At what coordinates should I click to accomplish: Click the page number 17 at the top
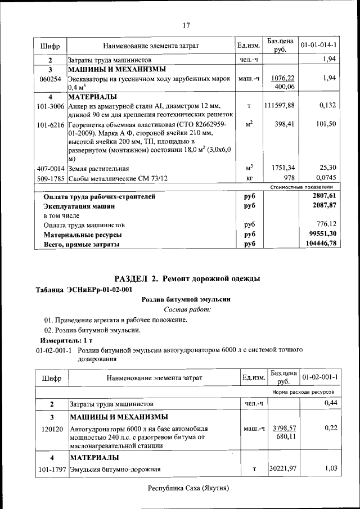pyautogui.click(x=186, y=24)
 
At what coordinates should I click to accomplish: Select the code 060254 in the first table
pyautogui.click(x=50, y=79)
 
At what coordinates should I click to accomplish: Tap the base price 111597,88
pyautogui.click(x=280, y=105)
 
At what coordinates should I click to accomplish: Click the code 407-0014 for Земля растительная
pyautogui.click(x=51, y=168)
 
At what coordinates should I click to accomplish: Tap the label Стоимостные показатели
pyautogui.click(x=301, y=187)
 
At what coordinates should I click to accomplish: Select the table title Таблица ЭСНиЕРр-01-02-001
pyautogui.click(x=84, y=290)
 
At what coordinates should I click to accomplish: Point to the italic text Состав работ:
pyautogui.click(x=187, y=310)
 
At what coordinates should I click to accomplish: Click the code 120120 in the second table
pyautogui.click(x=51, y=429)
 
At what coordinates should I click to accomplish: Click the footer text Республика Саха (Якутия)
pyautogui.click(x=188, y=488)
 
